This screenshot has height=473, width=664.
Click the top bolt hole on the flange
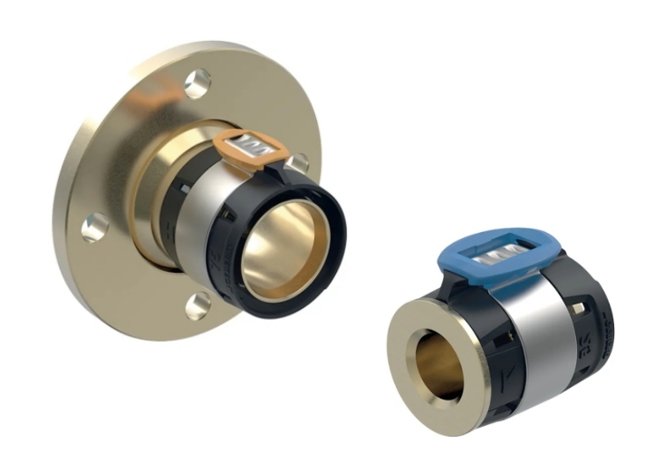point(197,83)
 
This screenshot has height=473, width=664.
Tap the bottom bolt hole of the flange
point(197,305)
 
